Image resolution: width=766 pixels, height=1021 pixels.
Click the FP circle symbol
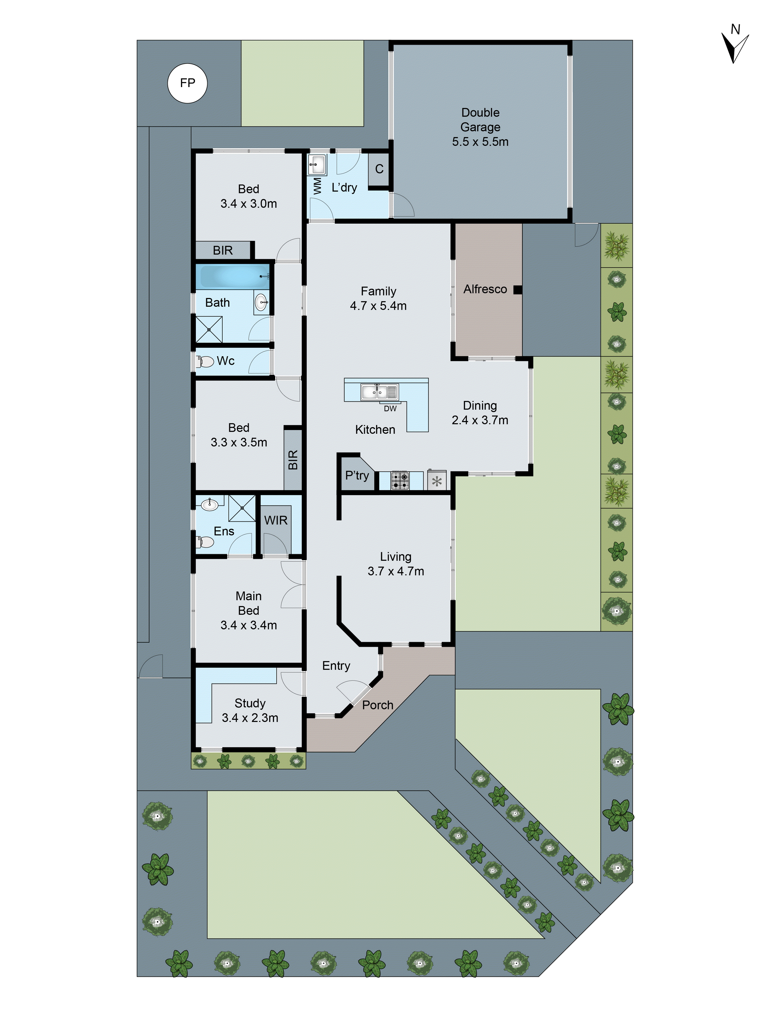click(187, 83)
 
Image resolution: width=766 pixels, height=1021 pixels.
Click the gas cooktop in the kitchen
click(400, 481)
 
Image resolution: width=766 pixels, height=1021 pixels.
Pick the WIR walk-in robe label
click(276, 520)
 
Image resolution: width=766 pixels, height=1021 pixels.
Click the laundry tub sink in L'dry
click(317, 163)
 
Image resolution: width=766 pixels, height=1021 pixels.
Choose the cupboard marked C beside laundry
click(379, 169)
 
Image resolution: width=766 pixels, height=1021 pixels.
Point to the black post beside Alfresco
click(518, 290)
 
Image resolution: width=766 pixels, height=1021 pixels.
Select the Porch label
click(378, 705)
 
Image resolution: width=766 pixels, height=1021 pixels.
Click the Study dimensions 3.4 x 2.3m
click(250, 718)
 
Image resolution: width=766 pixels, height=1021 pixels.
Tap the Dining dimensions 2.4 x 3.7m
click(480, 420)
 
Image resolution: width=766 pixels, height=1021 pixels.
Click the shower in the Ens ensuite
click(242, 508)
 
